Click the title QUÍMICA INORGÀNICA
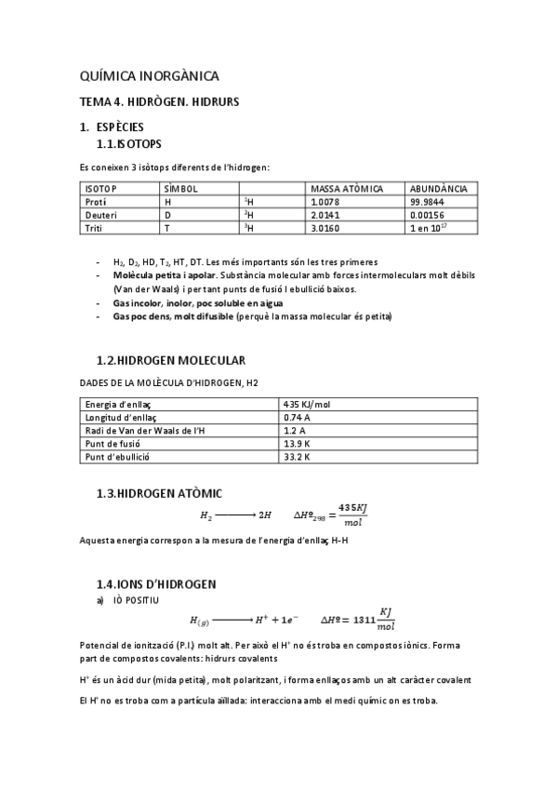(x=150, y=76)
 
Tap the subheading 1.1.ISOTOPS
(x=129, y=145)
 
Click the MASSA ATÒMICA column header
(x=346, y=189)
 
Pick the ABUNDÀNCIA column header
(x=438, y=189)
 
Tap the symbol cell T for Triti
(x=167, y=228)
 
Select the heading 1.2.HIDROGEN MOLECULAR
(x=171, y=360)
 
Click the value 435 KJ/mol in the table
(x=306, y=405)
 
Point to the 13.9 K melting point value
(x=297, y=444)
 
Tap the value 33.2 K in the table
(x=297, y=457)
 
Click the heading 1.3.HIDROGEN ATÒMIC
(x=159, y=492)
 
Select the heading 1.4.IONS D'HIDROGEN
(x=156, y=583)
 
